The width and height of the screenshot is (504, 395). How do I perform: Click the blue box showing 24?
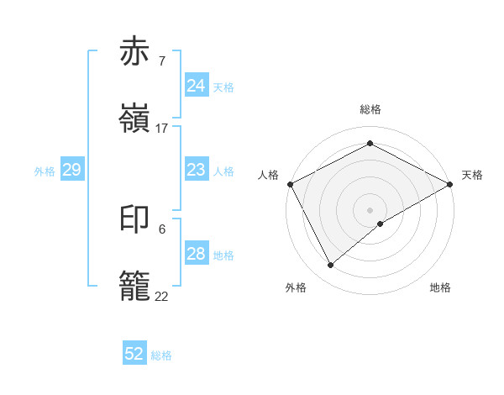click(197, 86)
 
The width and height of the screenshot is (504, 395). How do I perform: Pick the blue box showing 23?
click(197, 171)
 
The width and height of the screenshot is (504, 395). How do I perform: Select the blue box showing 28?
click(197, 255)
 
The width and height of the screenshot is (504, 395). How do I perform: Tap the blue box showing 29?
click(72, 171)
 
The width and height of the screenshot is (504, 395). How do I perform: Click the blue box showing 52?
click(134, 354)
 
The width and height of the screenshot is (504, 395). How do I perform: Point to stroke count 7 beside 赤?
click(161, 61)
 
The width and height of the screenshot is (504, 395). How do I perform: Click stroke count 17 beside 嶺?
click(162, 129)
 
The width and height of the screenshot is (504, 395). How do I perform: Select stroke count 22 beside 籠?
click(162, 297)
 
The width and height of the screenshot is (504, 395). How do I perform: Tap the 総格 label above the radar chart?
click(370, 109)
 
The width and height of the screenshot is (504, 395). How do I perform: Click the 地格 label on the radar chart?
click(440, 288)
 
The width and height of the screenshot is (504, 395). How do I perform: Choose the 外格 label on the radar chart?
click(296, 288)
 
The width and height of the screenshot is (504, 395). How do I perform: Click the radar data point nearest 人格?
click(290, 183)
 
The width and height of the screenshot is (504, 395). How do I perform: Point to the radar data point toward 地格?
click(381, 224)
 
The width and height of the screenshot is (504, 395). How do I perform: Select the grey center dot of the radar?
click(370, 209)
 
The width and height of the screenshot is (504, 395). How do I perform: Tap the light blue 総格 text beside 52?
click(161, 355)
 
